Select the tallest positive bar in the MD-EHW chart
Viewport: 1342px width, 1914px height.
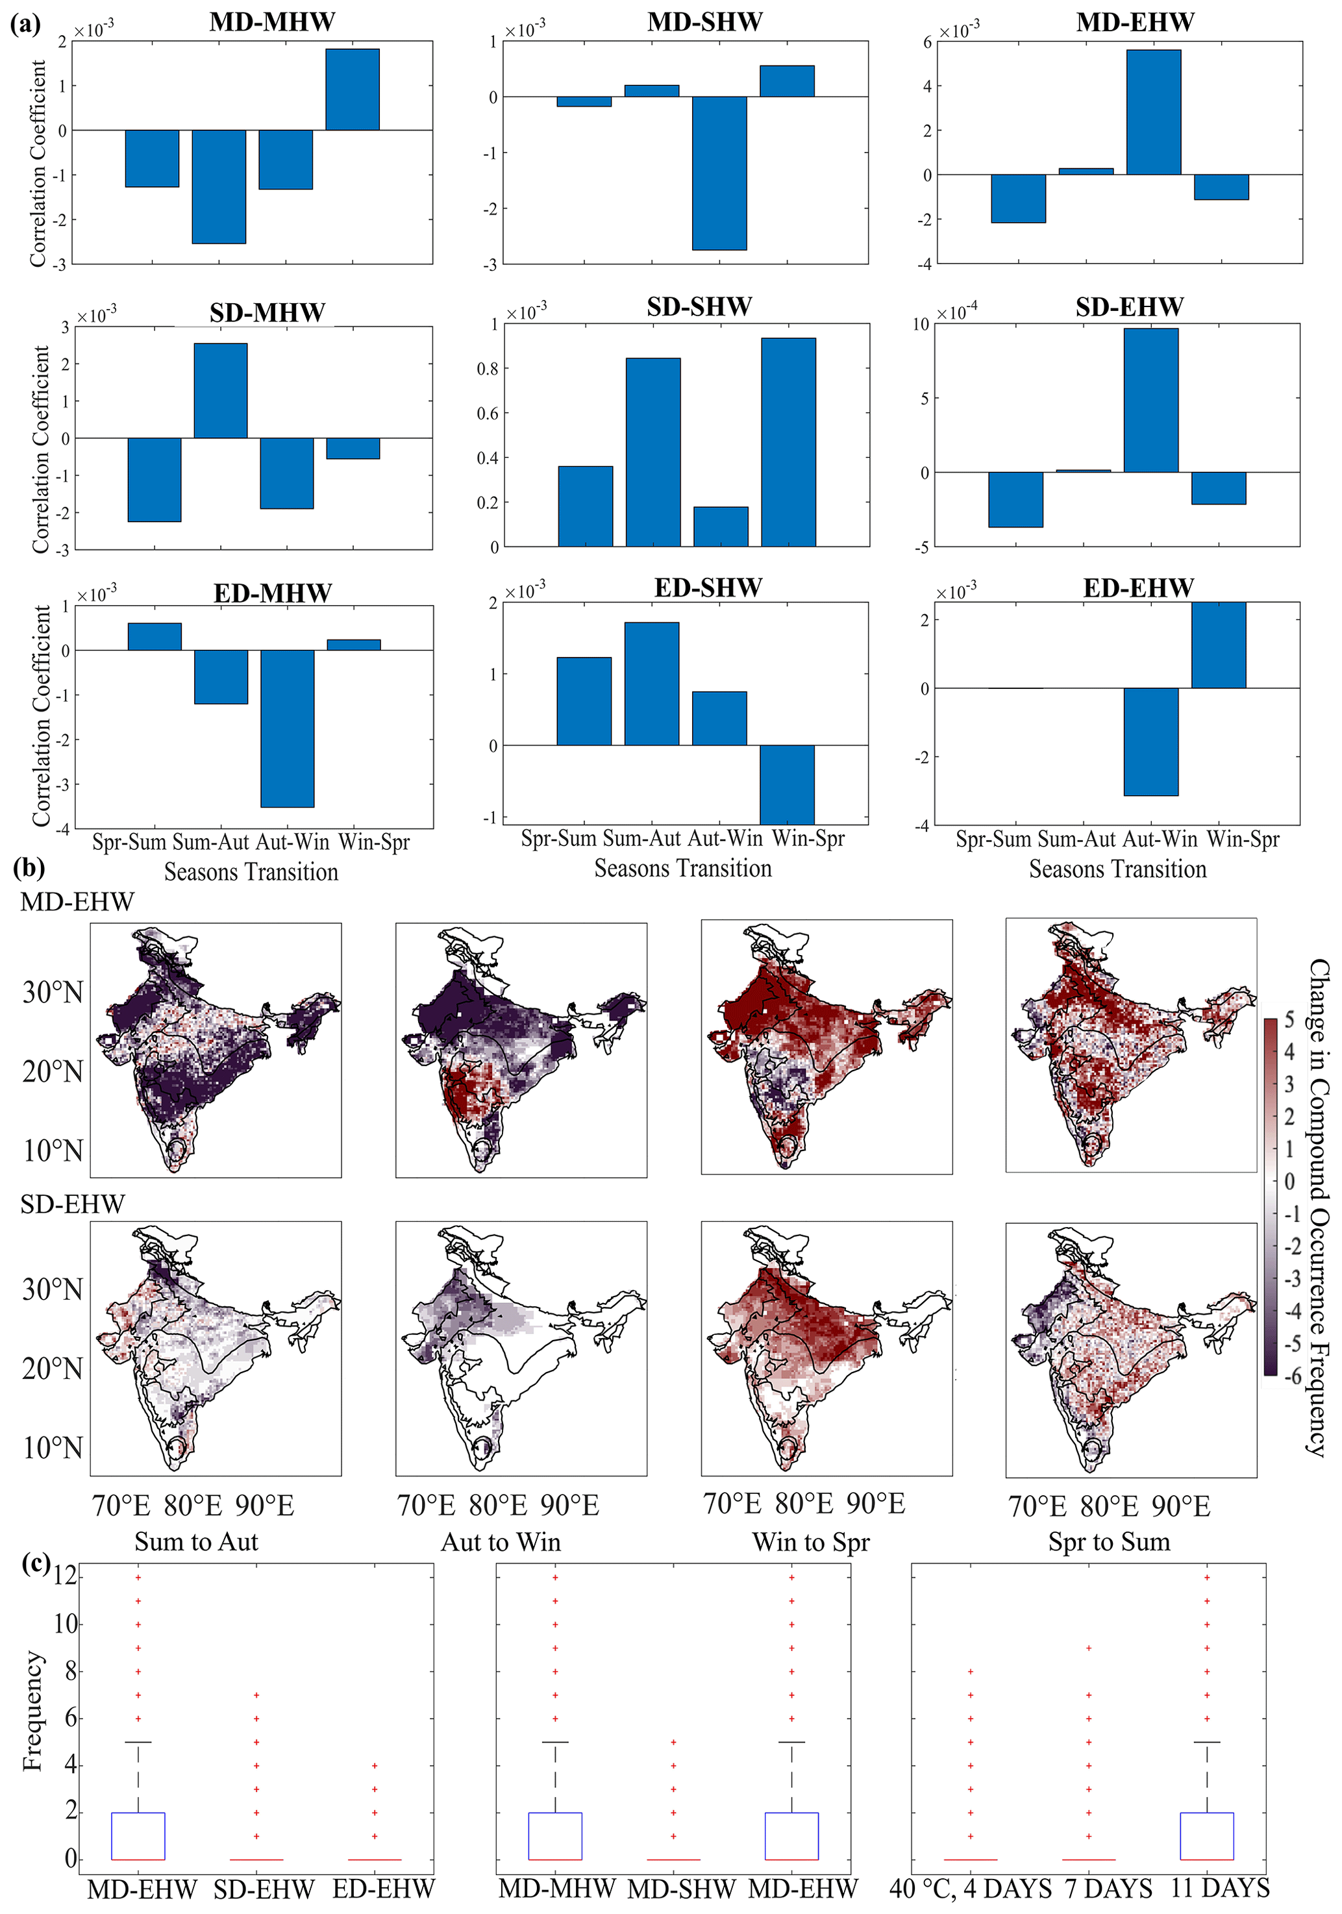point(1153,112)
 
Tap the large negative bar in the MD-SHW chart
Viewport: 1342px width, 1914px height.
point(719,173)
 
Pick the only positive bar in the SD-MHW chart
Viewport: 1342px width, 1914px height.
point(220,390)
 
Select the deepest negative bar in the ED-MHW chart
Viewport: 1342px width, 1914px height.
point(288,728)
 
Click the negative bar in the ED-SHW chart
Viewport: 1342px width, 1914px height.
point(787,784)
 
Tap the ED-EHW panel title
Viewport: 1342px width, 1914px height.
point(1137,588)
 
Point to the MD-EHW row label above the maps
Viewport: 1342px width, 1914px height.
point(77,902)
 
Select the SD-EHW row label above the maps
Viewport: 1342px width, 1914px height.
point(73,1204)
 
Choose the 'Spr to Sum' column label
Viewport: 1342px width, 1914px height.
point(1109,1542)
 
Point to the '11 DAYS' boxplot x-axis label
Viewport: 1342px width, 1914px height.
point(1219,1888)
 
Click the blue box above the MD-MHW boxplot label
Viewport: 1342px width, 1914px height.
point(555,1835)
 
